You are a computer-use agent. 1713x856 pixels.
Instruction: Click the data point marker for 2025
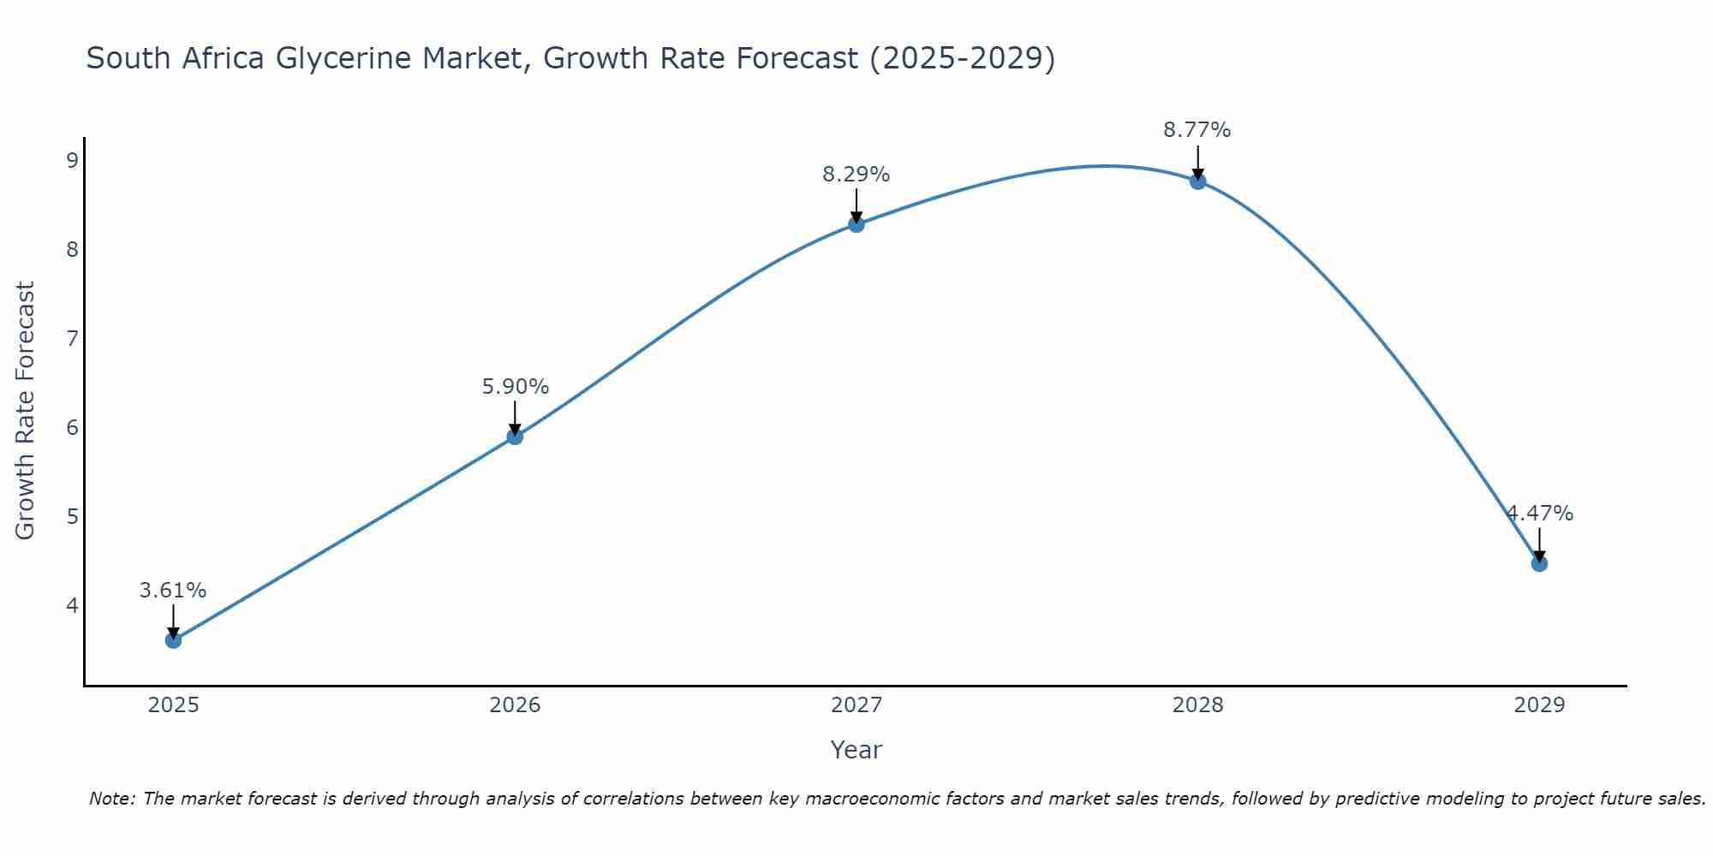tap(173, 639)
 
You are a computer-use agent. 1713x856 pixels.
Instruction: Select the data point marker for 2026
tap(515, 437)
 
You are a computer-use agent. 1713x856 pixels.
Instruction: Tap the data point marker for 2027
tap(856, 224)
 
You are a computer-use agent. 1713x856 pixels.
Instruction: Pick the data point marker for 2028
tap(1197, 181)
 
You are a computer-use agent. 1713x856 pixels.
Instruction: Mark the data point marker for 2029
tap(1539, 563)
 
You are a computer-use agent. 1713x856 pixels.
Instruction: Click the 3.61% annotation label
tap(173, 591)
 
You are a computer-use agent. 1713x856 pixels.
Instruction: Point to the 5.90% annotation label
tap(515, 387)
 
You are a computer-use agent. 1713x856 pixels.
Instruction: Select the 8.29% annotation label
tap(856, 175)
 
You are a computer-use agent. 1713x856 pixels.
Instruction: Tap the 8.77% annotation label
tap(1197, 130)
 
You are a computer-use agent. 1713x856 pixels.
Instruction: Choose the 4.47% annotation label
tap(1540, 514)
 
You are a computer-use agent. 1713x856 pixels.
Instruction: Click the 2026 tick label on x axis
tap(515, 705)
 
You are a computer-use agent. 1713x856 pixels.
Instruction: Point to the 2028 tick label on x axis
tap(1197, 705)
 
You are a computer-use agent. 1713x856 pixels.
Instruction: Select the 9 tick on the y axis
tap(72, 160)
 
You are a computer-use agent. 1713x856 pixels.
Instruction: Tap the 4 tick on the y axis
tap(72, 605)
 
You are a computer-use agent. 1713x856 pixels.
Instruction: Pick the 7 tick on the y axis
tap(72, 338)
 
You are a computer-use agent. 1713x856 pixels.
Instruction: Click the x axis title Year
tap(856, 750)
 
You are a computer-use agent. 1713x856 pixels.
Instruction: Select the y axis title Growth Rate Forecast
tap(26, 411)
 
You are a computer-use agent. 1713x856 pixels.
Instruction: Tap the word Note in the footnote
tap(111, 799)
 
